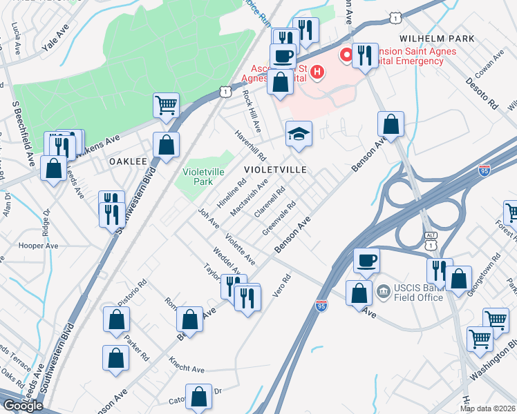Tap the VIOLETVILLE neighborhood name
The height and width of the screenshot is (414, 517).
(274, 169)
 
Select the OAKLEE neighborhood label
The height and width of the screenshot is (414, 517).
(128, 161)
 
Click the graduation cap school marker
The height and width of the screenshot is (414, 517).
(299, 134)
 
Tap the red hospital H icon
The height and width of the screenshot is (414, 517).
(317, 71)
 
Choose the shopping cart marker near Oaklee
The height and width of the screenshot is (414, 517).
(166, 106)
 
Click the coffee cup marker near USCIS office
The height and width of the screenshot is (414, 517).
(366, 261)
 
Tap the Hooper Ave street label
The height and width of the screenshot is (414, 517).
(42, 246)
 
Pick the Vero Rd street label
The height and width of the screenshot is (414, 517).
(283, 285)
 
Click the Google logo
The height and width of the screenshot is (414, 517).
(23, 405)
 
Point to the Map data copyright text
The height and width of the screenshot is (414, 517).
(488, 408)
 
